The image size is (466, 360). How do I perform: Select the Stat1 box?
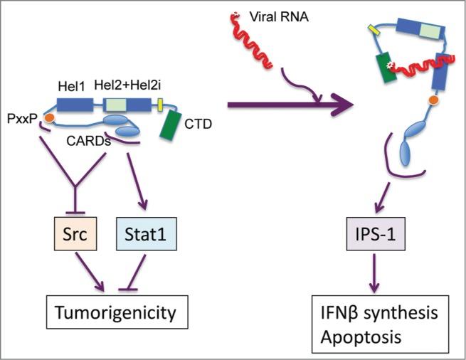144,233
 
